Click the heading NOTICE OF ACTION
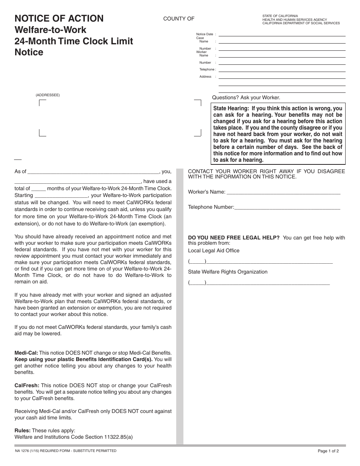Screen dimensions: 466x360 [59, 19]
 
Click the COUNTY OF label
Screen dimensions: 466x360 [178, 19]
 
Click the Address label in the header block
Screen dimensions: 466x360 [205, 77]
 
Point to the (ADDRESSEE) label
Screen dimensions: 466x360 [48, 95]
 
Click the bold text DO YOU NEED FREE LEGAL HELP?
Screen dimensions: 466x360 [234, 238]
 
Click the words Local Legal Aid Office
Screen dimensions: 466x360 [214, 250]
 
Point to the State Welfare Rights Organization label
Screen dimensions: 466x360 [228, 272]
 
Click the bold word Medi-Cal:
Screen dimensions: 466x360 [26, 352]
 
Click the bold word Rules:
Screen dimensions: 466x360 [22, 430]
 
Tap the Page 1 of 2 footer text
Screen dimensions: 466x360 [328, 451]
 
